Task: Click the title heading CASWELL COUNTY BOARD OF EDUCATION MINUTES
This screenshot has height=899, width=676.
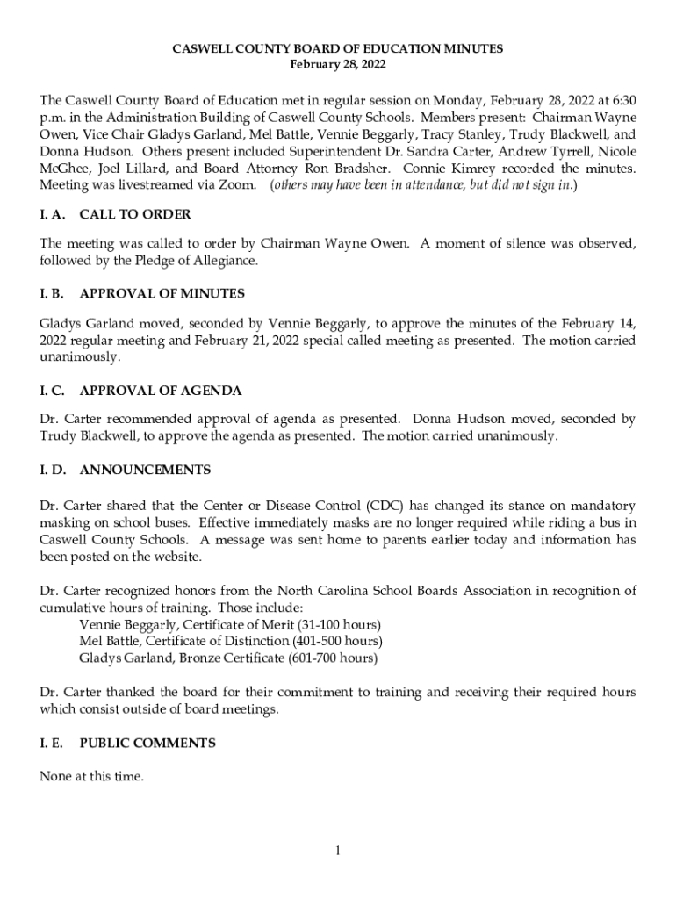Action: pyautogui.click(x=337, y=49)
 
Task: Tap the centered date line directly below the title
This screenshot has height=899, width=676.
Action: pyautogui.click(x=337, y=65)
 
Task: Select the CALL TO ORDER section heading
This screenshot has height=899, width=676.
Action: pyautogui.click(x=134, y=214)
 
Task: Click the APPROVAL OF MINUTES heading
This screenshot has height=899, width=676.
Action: pyautogui.click(x=162, y=293)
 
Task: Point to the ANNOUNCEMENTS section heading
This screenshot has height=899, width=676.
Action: pyautogui.click(x=145, y=470)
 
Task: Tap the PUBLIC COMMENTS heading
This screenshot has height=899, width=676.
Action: pyautogui.click(x=147, y=743)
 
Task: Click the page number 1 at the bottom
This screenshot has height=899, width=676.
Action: pyautogui.click(x=338, y=851)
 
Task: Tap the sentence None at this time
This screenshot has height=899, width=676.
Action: pyautogui.click(x=91, y=776)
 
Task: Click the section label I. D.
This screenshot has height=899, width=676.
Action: pyautogui.click(x=53, y=470)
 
